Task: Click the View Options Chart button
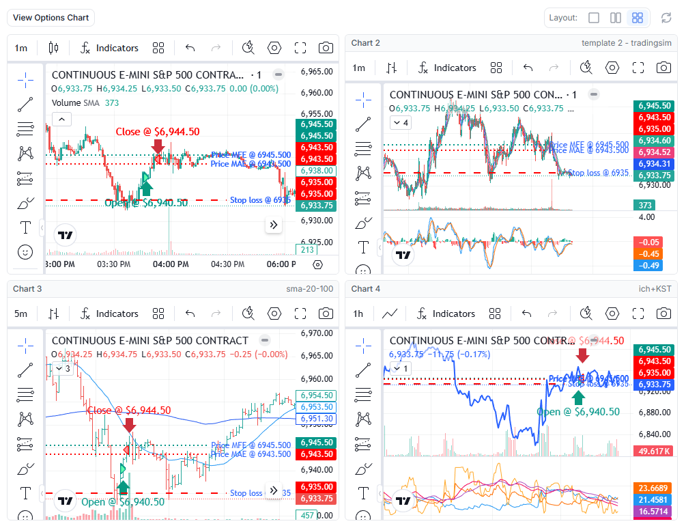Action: (51, 18)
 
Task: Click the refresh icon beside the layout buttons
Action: (666, 18)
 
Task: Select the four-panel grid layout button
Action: (637, 18)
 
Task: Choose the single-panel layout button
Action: (594, 18)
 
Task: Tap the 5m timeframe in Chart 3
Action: (21, 314)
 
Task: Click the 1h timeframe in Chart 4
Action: (359, 314)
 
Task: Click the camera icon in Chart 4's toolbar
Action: (663, 314)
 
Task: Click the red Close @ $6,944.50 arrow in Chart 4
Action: (582, 355)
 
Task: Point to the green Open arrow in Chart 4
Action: (578, 398)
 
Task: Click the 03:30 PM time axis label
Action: (113, 264)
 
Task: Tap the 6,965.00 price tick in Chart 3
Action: (317, 356)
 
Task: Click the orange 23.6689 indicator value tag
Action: (654, 488)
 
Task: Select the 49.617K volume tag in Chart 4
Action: (654, 451)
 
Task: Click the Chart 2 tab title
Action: (366, 43)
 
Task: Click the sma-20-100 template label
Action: (309, 289)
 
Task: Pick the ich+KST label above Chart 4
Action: (655, 289)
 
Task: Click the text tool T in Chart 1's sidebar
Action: (25, 227)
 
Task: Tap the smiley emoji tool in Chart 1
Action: (25, 252)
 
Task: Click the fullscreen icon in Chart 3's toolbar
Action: (300, 314)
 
